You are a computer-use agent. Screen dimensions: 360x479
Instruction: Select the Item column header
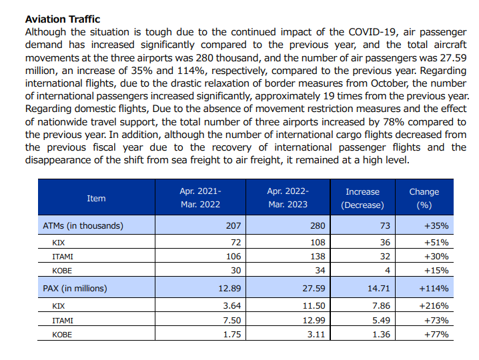click(x=96, y=198)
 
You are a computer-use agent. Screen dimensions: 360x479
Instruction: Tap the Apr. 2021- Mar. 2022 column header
click(x=200, y=198)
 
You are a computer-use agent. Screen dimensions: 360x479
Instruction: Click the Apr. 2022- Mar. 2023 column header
click(x=288, y=198)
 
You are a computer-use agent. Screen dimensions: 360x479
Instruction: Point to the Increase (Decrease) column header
click(x=362, y=198)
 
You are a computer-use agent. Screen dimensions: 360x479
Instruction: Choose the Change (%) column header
click(x=424, y=198)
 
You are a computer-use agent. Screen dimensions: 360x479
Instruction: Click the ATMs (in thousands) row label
click(x=83, y=226)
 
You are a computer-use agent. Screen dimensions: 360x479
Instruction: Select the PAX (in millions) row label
click(x=75, y=289)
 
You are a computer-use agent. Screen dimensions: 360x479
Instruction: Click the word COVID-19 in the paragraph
click(x=374, y=32)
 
